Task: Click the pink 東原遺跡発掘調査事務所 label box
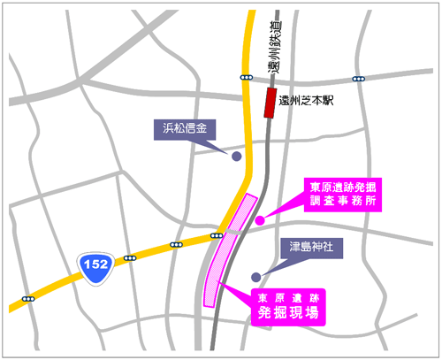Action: pyautogui.click(x=343, y=194)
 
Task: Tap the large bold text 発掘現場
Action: pyautogui.click(x=287, y=313)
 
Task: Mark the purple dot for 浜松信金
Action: pyautogui.click(x=236, y=157)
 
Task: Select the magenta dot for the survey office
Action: pyautogui.click(x=260, y=220)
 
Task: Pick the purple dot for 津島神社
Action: pyautogui.click(x=256, y=276)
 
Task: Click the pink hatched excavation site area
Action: pyautogui.click(x=228, y=252)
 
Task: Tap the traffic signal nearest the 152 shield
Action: pyautogui.click(x=130, y=258)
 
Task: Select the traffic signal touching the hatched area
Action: pyautogui.click(x=217, y=235)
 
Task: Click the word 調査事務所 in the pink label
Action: pyautogui.click(x=343, y=201)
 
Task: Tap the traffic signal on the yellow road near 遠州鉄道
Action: pyautogui.click(x=245, y=78)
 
